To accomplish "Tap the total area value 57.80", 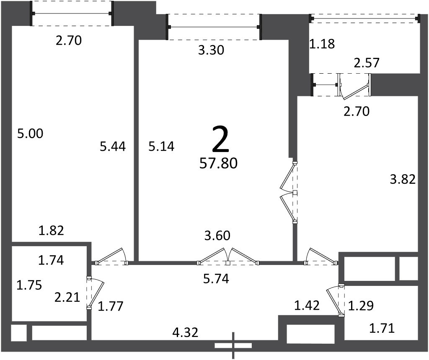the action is click(x=218, y=163).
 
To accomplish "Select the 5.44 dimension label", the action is click(x=113, y=147).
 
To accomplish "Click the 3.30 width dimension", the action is click(x=211, y=50).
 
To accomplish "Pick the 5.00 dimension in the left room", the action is click(x=30, y=134).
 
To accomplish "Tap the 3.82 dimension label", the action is click(x=403, y=179).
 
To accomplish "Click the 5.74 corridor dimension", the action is click(x=216, y=279).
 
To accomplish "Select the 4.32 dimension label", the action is click(x=185, y=332).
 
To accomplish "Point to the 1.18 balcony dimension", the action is click(x=322, y=44).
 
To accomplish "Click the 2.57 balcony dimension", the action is click(x=367, y=63).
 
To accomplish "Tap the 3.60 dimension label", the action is click(x=217, y=236).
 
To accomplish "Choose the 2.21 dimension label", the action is click(x=67, y=297).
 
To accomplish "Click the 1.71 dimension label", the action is click(x=382, y=328).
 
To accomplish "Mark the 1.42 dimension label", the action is click(x=307, y=305).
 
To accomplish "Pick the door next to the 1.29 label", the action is click(x=336, y=300).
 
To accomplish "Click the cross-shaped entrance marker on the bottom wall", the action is click(x=233, y=345).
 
